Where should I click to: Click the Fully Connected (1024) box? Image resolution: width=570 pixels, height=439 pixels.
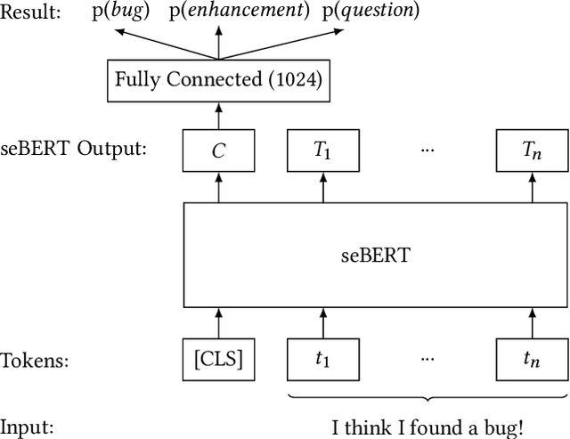coord(217,79)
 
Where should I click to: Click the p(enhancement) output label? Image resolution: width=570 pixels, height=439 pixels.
coord(253,12)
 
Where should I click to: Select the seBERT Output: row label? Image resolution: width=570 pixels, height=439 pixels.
coord(73,148)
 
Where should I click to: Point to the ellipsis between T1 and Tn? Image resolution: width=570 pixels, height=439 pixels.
coord(427,148)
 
